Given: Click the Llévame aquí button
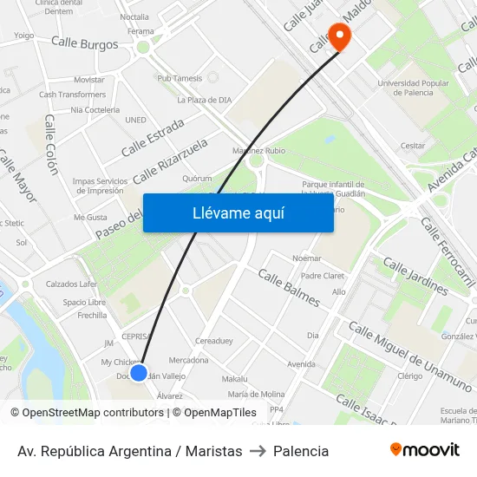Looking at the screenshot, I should [238, 212].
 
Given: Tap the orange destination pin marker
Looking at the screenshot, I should [339, 37].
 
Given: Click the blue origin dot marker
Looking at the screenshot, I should [139, 372].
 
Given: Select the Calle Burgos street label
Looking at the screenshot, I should [84, 42].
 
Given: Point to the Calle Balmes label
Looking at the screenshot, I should [289, 288].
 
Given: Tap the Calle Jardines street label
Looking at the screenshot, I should [415, 276].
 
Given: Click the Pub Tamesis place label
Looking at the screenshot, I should [180, 78].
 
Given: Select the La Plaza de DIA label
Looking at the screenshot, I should [204, 100].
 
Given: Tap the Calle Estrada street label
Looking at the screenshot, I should [153, 137].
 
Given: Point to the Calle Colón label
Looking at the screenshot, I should [50, 144].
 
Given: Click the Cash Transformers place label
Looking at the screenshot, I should [72, 95].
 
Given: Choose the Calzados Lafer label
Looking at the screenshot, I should [71, 284].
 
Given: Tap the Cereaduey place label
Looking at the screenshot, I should [214, 341].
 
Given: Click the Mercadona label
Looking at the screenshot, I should [188, 360].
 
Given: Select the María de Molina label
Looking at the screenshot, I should [256, 395].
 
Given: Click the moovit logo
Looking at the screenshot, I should [424, 449].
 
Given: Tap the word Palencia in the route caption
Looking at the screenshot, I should [301, 451].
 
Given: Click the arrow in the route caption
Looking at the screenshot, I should [258, 451].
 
